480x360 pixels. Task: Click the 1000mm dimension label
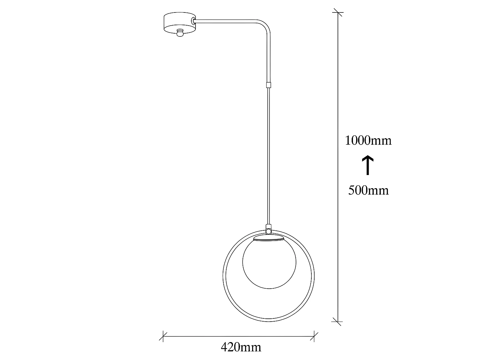[x=368, y=140]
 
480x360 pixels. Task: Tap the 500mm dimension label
[x=368, y=190]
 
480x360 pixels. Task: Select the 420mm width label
[x=241, y=347]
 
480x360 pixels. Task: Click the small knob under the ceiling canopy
[x=180, y=33]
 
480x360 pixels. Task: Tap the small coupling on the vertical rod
[x=268, y=85]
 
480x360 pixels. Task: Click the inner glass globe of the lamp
[x=269, y=264]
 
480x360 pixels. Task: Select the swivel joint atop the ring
[x=268, y=230]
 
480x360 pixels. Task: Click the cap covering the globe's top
[x=268, y=239]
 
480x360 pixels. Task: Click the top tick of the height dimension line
[x=338, y=13]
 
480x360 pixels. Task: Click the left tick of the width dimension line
[x=163, y=336]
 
